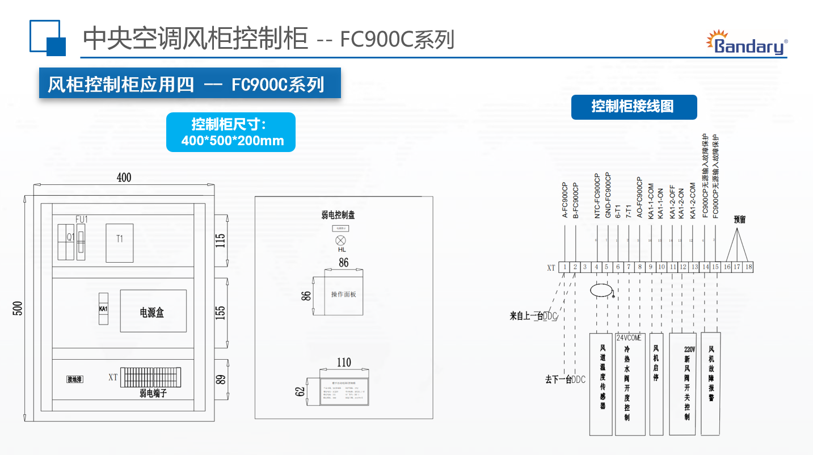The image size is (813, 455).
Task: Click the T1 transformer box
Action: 120,242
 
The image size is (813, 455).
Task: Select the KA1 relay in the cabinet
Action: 103,309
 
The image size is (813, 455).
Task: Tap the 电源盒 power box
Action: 153,311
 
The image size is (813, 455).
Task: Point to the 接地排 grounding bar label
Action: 75,379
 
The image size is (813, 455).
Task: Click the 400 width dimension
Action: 124,178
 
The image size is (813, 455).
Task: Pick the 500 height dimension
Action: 18,309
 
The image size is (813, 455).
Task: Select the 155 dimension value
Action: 221,312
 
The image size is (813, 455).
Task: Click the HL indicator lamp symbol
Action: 341,240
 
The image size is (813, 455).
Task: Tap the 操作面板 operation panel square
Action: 344,293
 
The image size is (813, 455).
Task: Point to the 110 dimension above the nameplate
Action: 344,363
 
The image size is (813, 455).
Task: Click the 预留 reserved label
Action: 739,220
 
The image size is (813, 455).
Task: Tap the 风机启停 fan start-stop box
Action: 656,384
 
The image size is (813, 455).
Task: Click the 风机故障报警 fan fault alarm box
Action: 711,384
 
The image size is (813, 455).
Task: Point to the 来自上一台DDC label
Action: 533,316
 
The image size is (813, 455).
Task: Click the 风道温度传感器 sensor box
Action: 601,384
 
